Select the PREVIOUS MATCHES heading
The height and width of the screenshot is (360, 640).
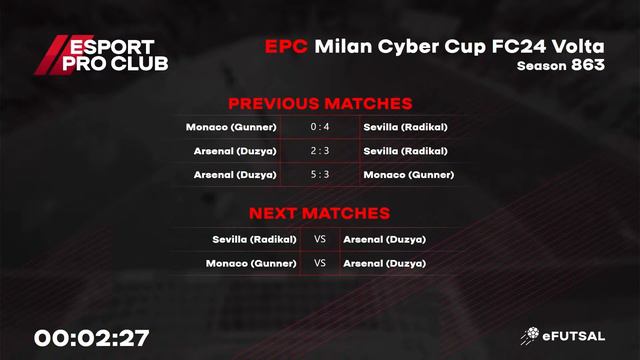tap(320, 104)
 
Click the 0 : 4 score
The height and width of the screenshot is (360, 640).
tap(320, 127)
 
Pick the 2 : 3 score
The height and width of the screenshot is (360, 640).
tap(320, 151)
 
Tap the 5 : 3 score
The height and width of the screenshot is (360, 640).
tap(320, 175)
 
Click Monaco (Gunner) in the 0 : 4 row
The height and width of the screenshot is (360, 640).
tap(231, 127)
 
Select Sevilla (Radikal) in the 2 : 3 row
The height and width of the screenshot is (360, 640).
tap(406, 151)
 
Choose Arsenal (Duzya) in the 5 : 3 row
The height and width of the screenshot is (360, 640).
tap(235, 175)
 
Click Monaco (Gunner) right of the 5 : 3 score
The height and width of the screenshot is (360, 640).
tap(409, 175)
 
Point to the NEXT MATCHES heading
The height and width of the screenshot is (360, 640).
tap(320, 213)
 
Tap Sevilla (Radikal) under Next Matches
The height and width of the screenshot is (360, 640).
tap(254, 239)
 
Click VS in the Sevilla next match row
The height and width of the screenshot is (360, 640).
tap(320, 239)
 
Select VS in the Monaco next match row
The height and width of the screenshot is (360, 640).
tap(320, 263)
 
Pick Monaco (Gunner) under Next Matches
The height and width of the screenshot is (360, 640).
tap(251, 263)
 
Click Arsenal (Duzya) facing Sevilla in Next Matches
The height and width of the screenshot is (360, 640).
tap(384, 239)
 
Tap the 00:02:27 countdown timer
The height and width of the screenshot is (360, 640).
tap(92, 338)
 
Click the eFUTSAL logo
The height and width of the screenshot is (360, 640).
tap(564, 337)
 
